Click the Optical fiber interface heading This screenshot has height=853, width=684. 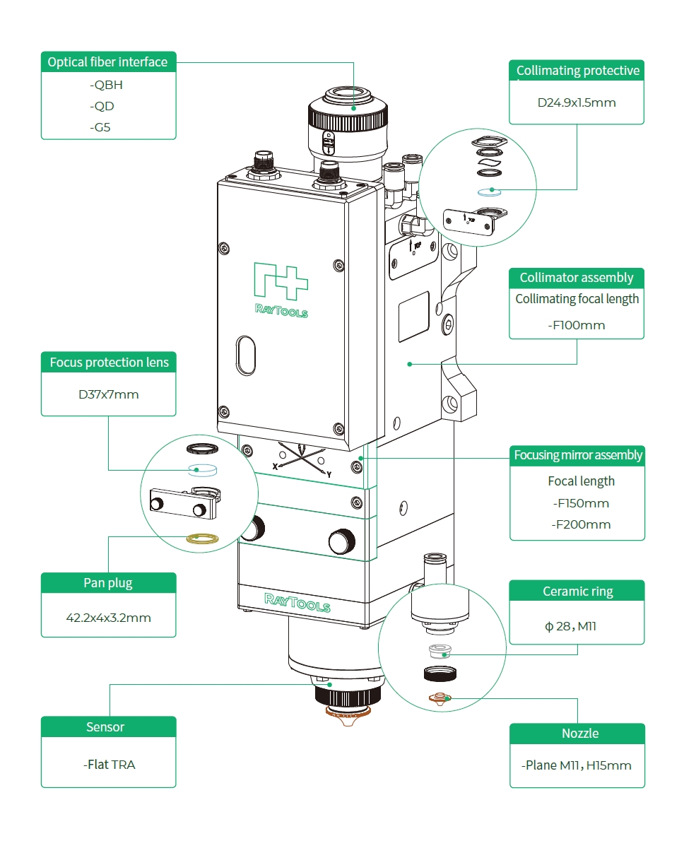(x=107, y=62)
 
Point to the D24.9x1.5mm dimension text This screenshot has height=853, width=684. (x=577, y=102)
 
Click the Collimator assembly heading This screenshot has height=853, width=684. (x=577, y=278)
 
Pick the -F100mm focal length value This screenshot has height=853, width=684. (x=577, y=326)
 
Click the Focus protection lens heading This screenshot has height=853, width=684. (x=109, y=363)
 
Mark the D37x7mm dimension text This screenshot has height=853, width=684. (x=108, y=394)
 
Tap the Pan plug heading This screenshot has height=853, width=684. (x=108, y=583)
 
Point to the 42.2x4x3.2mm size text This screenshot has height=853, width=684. (x=108, y=618)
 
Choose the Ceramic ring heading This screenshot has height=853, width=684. (x=577, y=592)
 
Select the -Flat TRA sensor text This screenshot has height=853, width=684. (x=109, y=765)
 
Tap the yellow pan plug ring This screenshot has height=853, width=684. (x=202, y=540)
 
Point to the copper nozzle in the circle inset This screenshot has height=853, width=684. (x=439, y=699)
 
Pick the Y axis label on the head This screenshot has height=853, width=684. (x=329, y=474)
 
